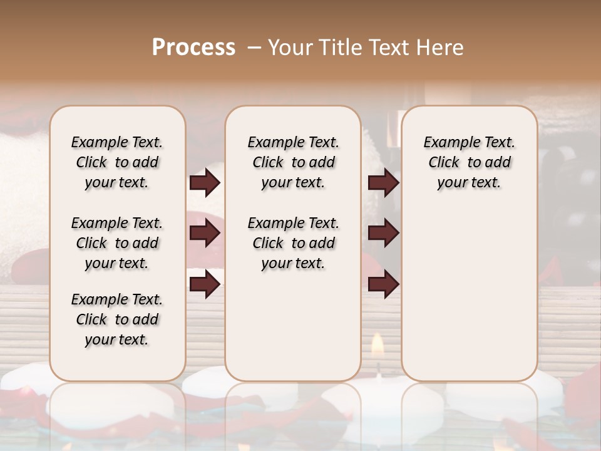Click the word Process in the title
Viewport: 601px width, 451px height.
click(193, 48)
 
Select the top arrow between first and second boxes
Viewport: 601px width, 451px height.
click(205, 183)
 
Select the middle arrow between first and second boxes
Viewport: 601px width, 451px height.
click(205, 234)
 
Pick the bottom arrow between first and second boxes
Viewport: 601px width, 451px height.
click(205, 284)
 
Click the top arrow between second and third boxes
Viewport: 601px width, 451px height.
click(383, 183)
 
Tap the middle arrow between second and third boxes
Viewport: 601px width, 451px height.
click(383, 234)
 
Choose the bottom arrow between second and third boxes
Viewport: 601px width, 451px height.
click(383, 284)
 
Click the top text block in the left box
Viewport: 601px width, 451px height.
click(117, 162)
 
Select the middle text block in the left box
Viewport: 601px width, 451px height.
click(117, 243)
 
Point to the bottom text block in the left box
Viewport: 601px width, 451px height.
click(117, 319)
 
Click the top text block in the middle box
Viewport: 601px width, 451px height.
click(293, 162)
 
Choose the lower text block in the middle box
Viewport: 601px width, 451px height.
click(293, 243)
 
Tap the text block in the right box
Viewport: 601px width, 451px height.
click(469, 162)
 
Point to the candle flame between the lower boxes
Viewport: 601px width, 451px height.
click(378, 343)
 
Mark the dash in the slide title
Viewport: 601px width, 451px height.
click(254, 48)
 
